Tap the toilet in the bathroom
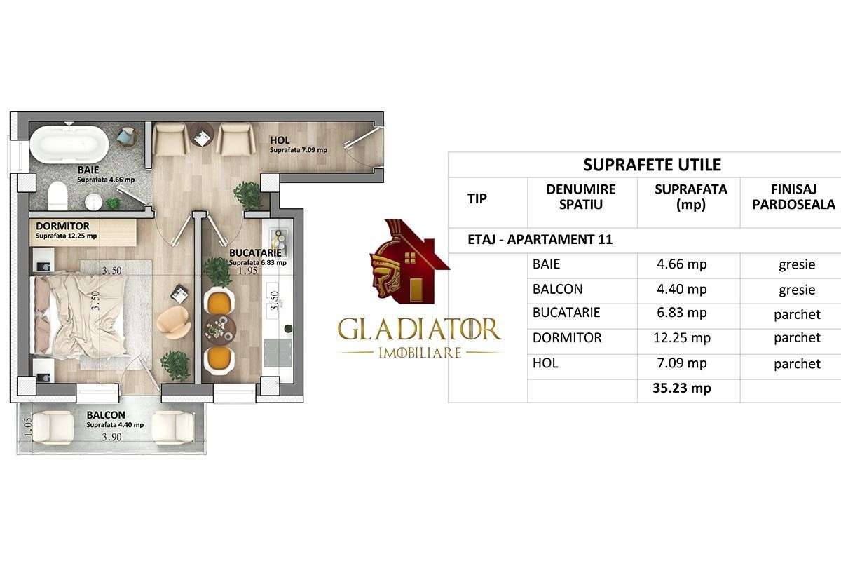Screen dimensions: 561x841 coord(57,196)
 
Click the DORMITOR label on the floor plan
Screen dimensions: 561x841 coord(63,227)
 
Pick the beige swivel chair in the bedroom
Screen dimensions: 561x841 coord(171,321)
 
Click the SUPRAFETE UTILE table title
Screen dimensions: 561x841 coord(652,165)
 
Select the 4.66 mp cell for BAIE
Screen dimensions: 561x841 coord(688,264)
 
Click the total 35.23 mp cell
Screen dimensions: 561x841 coord(681,388)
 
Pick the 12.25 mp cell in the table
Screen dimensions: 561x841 coord(688,338)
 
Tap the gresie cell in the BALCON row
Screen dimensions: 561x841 coord(797,289)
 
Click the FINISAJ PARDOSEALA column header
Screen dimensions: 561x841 coord(791,197)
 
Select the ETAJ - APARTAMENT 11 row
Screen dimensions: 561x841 coord(540,239)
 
